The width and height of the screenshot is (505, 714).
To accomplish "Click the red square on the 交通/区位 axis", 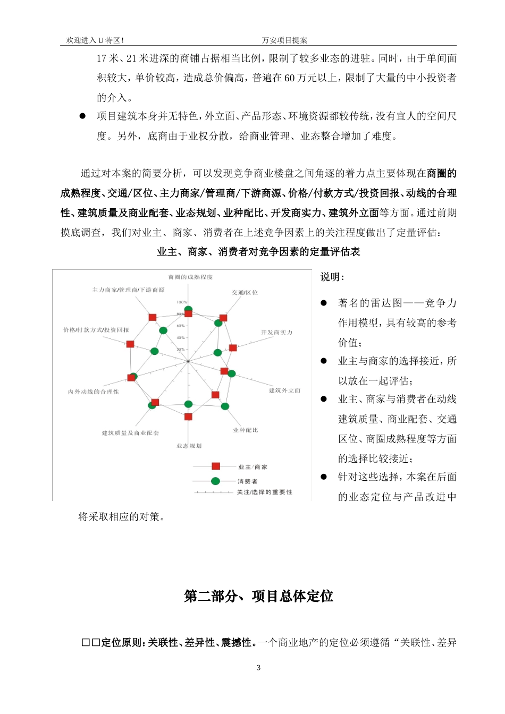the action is pyautogui.click(x=223, y=318).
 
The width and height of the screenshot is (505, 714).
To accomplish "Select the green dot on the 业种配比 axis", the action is pyautogui.click(x=225, y=406).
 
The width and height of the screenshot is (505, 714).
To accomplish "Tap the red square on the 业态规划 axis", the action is pyautogui.click(x=188, y=417).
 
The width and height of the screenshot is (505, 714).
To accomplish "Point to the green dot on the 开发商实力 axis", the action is pyautogui.click(x=217, y=353).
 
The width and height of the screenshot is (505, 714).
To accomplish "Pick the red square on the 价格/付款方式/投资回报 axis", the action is pyautogui.click(x=130, y=344).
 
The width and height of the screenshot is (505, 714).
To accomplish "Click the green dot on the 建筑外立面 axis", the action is pyautogui.click(x=232, y=373).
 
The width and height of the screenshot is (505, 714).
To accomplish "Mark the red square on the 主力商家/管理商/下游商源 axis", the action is pyautogui.click(x=153, y=317).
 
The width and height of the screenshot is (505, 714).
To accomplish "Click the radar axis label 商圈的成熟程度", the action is pyautogui.click(x=190, y=277).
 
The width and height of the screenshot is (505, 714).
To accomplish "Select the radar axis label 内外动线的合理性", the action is pyautogui.click(x=94, y=392).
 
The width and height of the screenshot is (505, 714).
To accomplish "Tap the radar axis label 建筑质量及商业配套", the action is pyautogui.click(x=130, y=433).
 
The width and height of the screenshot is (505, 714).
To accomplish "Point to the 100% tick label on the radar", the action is pyautogui.click(x=182, y=302).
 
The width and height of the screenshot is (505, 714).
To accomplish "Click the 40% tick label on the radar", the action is pyautogui.click(x=181, y=337).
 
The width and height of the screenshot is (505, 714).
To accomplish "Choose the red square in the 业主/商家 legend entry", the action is pyautogui.click(x=216, y=466).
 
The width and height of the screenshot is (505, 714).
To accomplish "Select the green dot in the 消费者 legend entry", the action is pyautogui.click(x=215, y=481).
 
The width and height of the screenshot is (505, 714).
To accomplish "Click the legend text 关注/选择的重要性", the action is pyautogui.click(x=265, y=492).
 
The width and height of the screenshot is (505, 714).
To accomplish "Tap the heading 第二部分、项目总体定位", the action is pyautogui.click(x=258, y=596).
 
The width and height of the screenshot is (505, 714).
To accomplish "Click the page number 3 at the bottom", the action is pyautogui.click(x=259, y=668).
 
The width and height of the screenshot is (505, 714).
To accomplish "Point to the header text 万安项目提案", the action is pyautogui.click(x=284, y=40).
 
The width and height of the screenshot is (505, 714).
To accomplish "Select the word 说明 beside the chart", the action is pyautogui.click(x=331, y=277).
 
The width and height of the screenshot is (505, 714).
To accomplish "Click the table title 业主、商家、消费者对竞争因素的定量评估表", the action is pyautogui.click(x=258, y=252).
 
